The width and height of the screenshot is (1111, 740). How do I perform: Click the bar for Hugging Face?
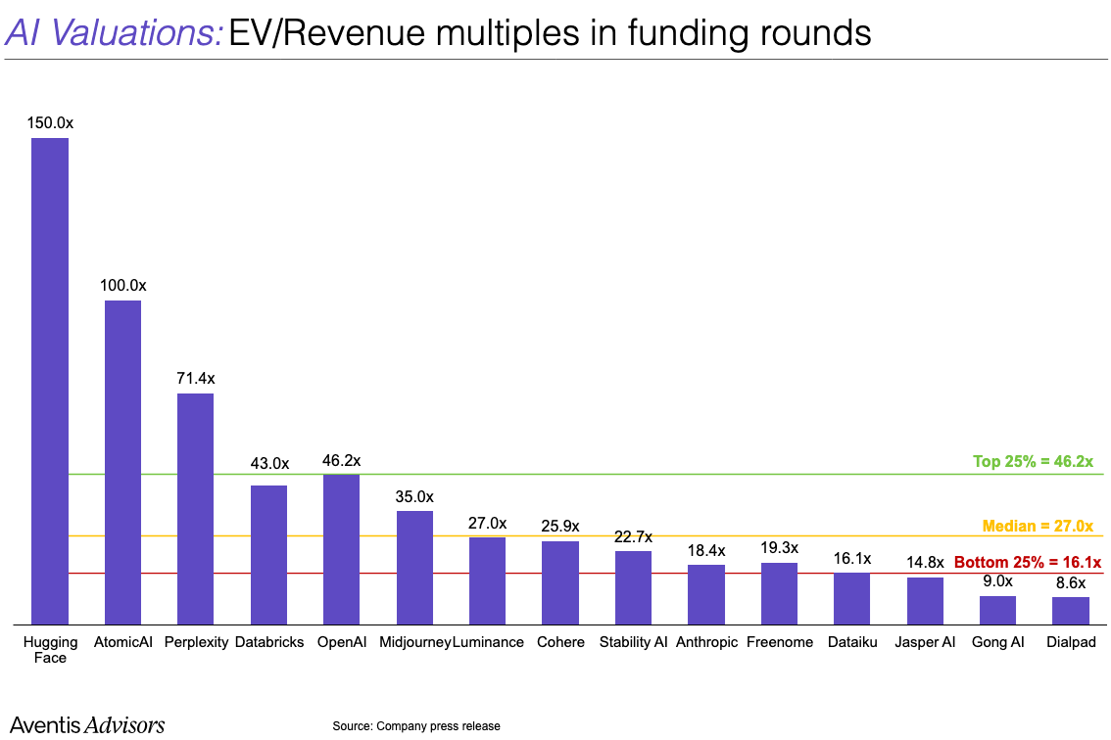(x=50, y=381)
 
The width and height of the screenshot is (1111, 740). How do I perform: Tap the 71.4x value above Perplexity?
(x=196, y=378)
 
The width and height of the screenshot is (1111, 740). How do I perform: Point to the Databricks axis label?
(x=269, y=642)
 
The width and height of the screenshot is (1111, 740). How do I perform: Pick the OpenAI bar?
(x=341, y=549)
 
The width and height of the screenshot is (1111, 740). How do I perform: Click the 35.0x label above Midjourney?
(x=414, y=496)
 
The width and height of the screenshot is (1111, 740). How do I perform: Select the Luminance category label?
(x=488, y=642)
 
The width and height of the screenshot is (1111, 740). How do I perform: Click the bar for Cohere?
(x=560, y=582)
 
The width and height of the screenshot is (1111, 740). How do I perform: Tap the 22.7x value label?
(x=633, y=536)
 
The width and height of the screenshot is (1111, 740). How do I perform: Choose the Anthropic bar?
(x=705, y=594)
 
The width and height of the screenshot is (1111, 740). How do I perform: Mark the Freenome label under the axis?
(x=780, y=642)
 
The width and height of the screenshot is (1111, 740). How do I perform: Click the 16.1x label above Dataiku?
(x=851, y=558)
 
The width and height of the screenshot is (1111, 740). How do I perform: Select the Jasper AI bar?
(x=925, y=600)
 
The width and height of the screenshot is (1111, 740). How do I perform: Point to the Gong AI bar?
(x=997, y=610)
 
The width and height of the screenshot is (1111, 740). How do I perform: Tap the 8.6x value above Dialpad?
(x=1071, y=582)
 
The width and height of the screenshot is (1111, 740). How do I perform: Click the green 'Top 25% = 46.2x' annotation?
(x=1033, y=461)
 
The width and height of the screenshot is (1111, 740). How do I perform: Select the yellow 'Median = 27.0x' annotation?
(x=1038, y=526)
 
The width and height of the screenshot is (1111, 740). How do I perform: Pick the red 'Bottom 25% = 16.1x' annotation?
(x=1028, y=563)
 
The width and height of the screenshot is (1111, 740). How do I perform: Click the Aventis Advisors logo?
(x=87, y=724)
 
